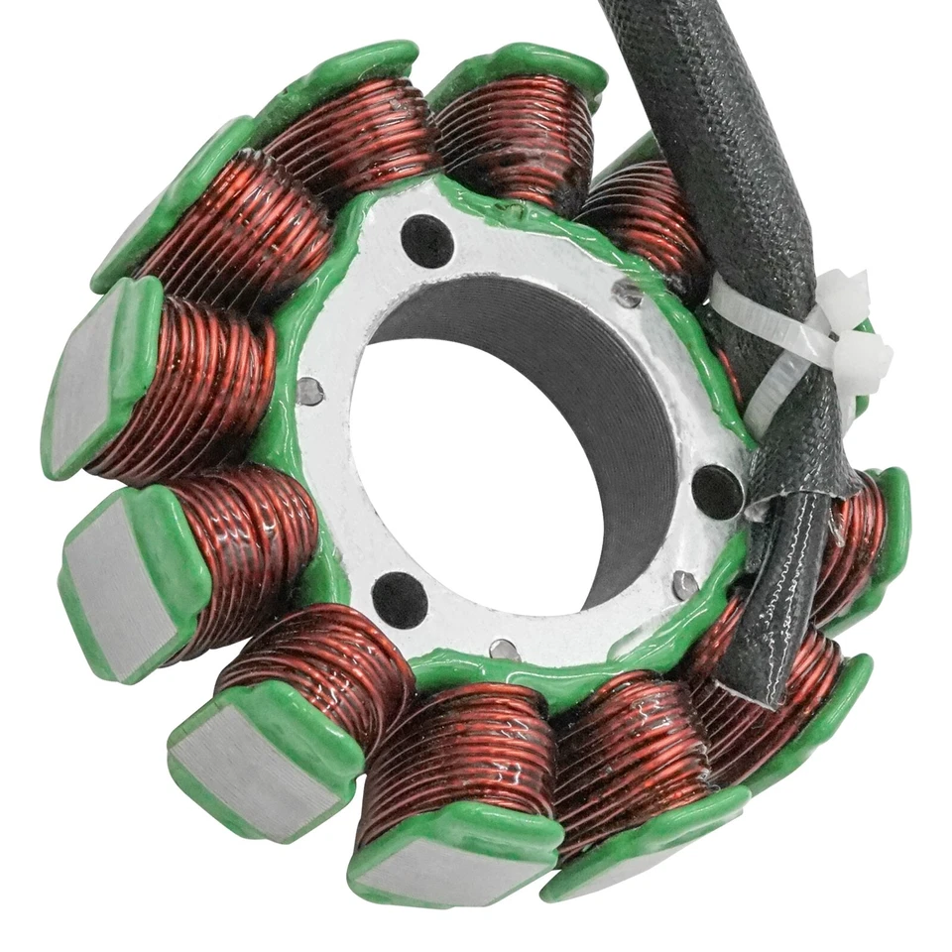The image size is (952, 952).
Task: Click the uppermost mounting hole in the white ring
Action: (427, 241)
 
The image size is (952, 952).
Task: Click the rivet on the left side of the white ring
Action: (310, 392)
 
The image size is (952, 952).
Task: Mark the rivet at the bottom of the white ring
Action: (505, 651)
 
